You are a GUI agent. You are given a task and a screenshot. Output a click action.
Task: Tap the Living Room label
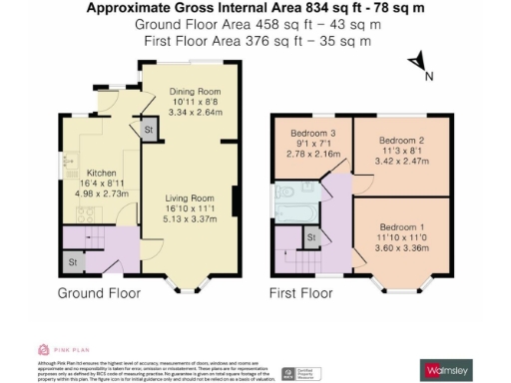coord(190,198)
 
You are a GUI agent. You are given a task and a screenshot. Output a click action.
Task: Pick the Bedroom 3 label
coord(314,133)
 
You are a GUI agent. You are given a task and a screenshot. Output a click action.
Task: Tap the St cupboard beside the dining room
coord(149,131)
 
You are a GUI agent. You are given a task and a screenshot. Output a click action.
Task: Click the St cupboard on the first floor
coord(311,236)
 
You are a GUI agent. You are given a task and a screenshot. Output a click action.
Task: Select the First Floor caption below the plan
coord(301,293)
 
